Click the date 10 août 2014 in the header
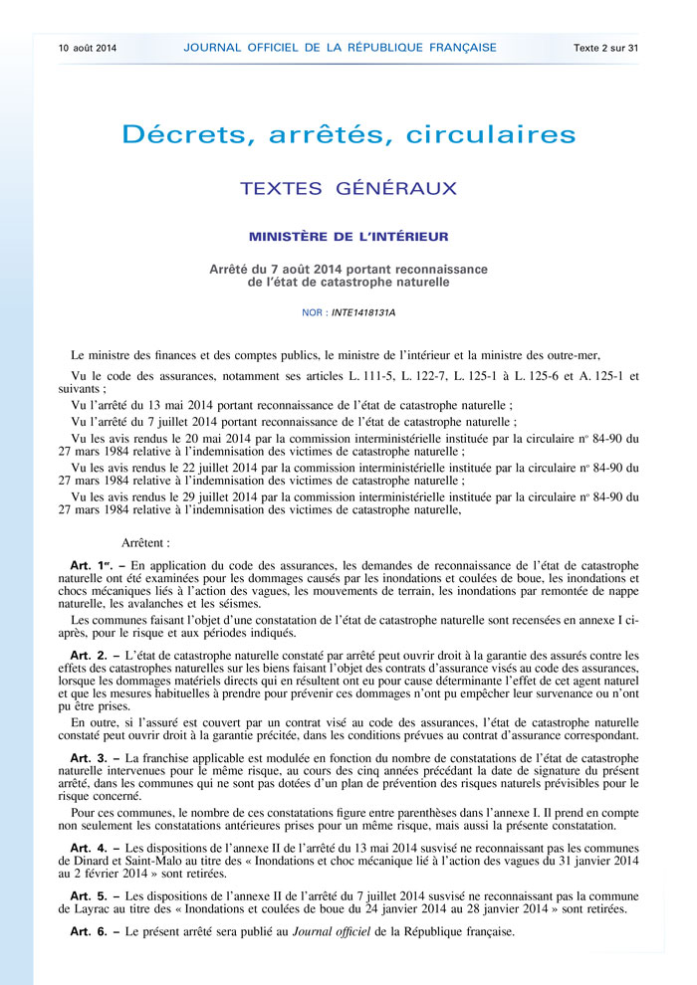pyautogui.click(x=88, y=47)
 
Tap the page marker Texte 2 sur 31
pyautogui.click(x=605, y=47)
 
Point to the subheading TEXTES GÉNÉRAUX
pyautogui.click(x=348, y=188)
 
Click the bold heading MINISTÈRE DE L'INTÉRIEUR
pyautogui.click(x=348, y=237)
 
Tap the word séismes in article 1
pyautogui.click(x=266, y=603)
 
